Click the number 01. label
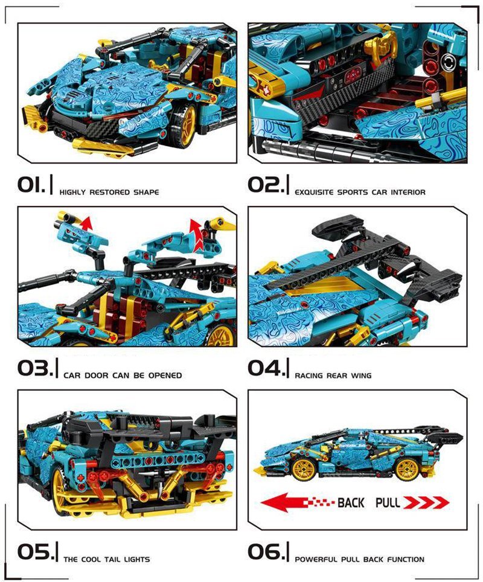(x=31, y=185)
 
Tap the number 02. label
(x=266, y=185)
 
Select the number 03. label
(x=35, y=368)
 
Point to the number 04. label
(x=266, y=368)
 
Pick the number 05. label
(x=35, y=552)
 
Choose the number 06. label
(x=266, y=552)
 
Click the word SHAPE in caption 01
(x=146, y=192)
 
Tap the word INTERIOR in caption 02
(x=408, y=192)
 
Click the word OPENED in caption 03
(x=165, y=376)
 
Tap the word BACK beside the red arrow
(x=351, y=503)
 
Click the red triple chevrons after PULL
(x=426, y=503)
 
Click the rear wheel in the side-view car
(x=408, y=469)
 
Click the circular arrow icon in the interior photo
(x=449, y=62)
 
